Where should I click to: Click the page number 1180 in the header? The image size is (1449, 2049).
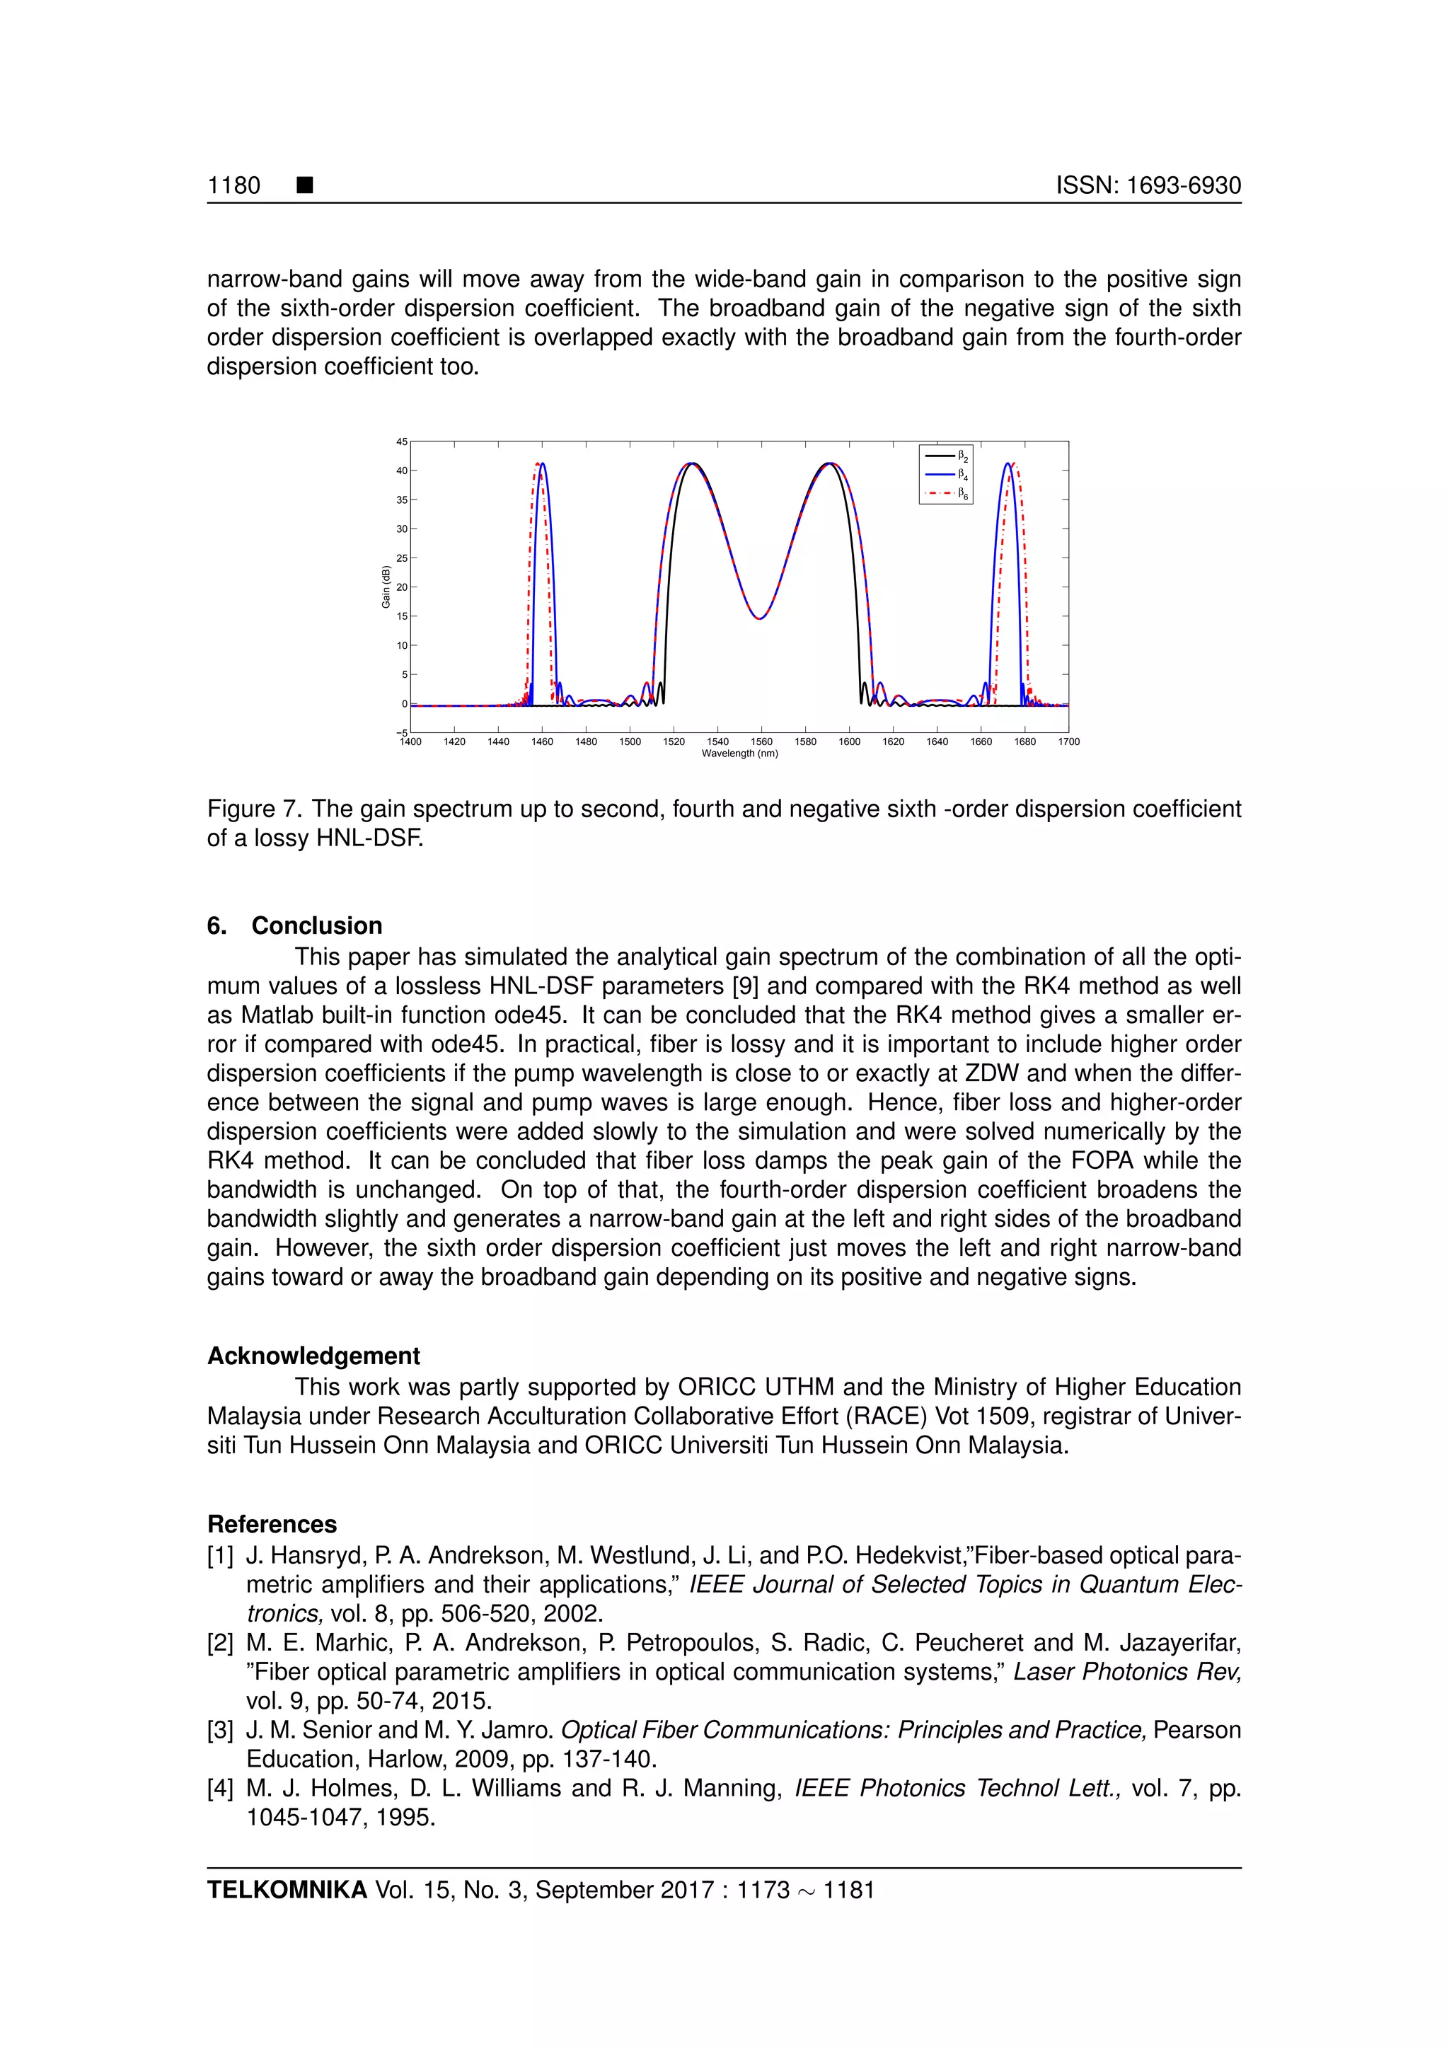[233, 185]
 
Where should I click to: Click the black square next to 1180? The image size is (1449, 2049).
[305, 185]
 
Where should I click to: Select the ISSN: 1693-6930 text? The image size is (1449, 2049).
[1148, 185]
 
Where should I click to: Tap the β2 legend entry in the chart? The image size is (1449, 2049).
[947, 457]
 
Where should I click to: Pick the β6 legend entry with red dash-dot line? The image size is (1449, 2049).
[947, 492]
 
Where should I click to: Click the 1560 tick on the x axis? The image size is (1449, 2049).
[761, 741]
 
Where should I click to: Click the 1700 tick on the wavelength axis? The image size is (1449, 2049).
[1068, 741]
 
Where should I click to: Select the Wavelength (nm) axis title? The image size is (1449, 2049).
[739, 754]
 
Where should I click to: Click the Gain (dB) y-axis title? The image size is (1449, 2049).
[386, 587]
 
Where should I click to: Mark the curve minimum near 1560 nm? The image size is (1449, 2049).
[758, 618]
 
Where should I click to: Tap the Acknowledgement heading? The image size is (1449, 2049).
[313, 1356]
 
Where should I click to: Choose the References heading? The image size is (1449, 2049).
[272, 1524]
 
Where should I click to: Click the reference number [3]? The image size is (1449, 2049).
[220, 1731]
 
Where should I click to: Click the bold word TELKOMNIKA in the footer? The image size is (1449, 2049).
[287, 1890]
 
